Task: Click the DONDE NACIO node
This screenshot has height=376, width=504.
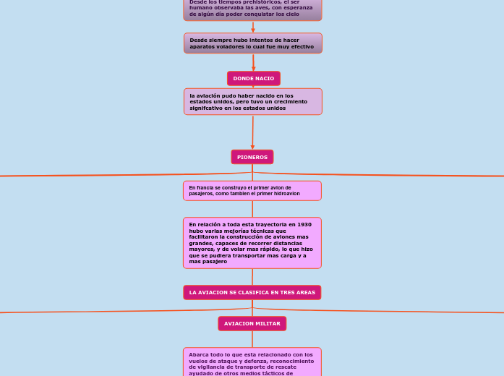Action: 253,78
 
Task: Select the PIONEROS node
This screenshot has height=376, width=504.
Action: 252,157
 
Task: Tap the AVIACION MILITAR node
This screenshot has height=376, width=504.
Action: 252,323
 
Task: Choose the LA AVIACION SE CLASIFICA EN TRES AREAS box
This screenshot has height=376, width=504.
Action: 252,292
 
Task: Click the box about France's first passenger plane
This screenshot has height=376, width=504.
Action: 252,190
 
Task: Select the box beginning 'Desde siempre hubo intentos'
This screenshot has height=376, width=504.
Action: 252,43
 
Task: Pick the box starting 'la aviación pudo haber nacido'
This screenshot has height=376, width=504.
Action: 252,101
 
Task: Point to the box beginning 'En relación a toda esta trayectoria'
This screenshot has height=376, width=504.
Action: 252,243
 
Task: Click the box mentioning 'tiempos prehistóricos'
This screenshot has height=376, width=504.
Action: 252,9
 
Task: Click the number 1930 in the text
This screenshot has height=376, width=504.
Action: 304,225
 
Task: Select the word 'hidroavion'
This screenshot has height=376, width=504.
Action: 286,194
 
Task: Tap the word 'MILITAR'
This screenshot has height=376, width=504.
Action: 268,323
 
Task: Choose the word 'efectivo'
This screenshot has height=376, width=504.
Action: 299,46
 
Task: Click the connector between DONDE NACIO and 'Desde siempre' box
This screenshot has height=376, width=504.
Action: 253,62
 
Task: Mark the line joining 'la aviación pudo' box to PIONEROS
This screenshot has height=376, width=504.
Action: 252,132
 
